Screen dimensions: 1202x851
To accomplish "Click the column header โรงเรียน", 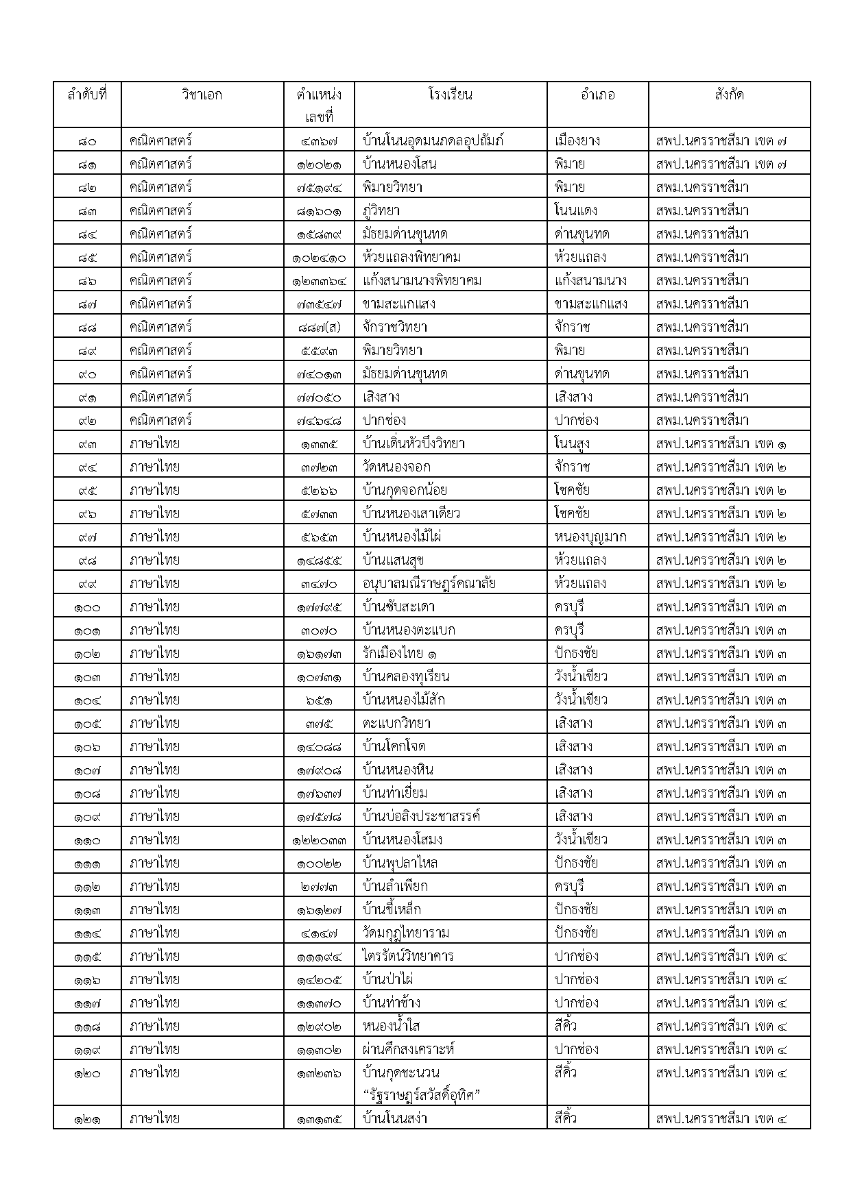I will point(450,95).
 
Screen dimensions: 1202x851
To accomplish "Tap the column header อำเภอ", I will point(597,95).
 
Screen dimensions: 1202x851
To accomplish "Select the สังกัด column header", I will point(728,95).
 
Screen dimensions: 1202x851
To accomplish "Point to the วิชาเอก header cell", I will point(202,95).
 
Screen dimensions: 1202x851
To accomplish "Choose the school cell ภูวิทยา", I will point(382,211).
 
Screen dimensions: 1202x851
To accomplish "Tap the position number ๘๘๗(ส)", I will point(319,328).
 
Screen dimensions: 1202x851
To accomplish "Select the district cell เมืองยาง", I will point(577,141).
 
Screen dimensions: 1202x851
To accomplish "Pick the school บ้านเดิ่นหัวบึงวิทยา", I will point(414,444).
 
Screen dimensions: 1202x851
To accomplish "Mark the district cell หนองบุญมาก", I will point(590,537).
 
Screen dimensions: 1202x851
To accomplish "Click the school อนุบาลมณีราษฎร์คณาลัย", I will point(429,584).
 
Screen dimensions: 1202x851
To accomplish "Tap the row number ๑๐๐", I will point(87,607).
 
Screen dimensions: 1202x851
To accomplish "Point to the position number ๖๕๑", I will point(319,700).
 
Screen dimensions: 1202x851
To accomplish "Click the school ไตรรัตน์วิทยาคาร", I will point(408,957).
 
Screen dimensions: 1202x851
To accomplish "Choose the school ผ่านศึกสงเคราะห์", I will point(409,1050).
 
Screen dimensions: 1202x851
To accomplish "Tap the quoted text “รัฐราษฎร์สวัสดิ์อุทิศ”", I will point(421,1096).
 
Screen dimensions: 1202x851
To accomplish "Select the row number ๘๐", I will point(87,141).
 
